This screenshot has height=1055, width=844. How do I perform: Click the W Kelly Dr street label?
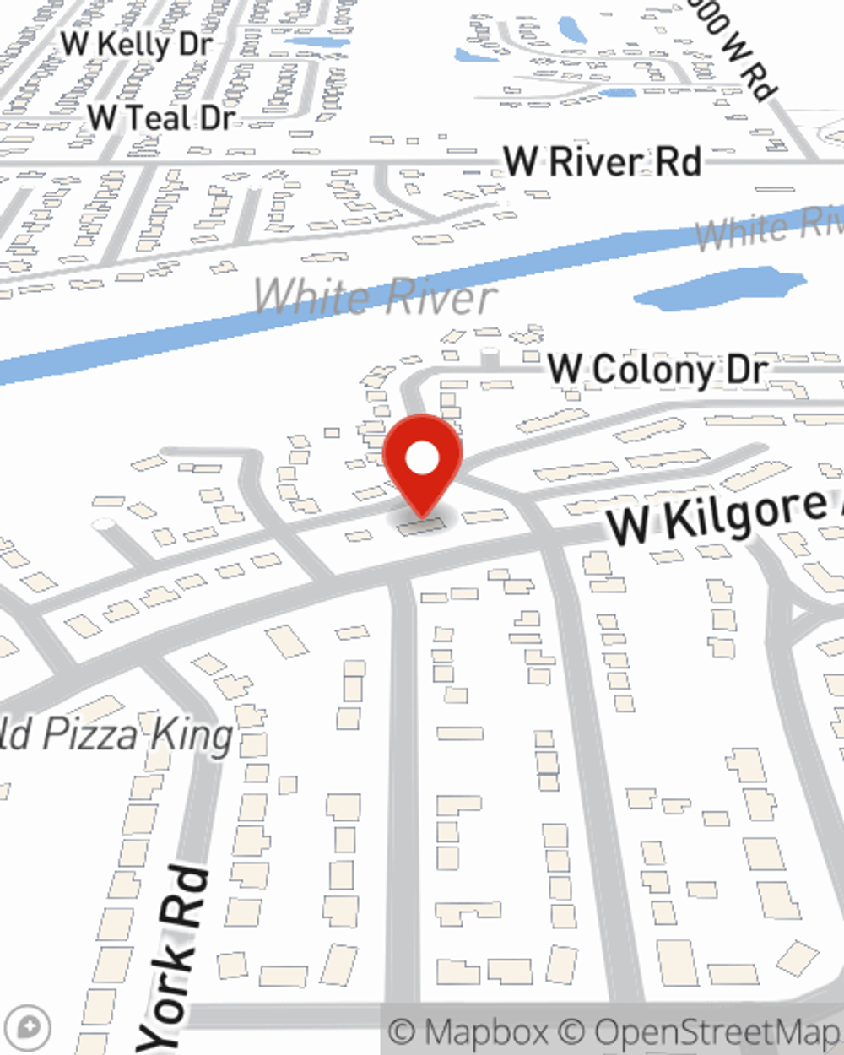coord(136,44)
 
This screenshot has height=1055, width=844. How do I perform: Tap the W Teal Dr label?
coord(160,117)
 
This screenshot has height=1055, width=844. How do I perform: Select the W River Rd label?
coord(602,161)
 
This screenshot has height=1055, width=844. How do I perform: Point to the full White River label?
coord(375,296)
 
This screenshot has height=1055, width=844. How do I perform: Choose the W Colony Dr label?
coord(657,370)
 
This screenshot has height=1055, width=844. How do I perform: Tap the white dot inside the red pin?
coord(422,459)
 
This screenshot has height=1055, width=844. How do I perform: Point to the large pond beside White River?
coord(720,287)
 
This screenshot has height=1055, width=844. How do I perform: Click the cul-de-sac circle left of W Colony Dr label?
coord(490,355)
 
